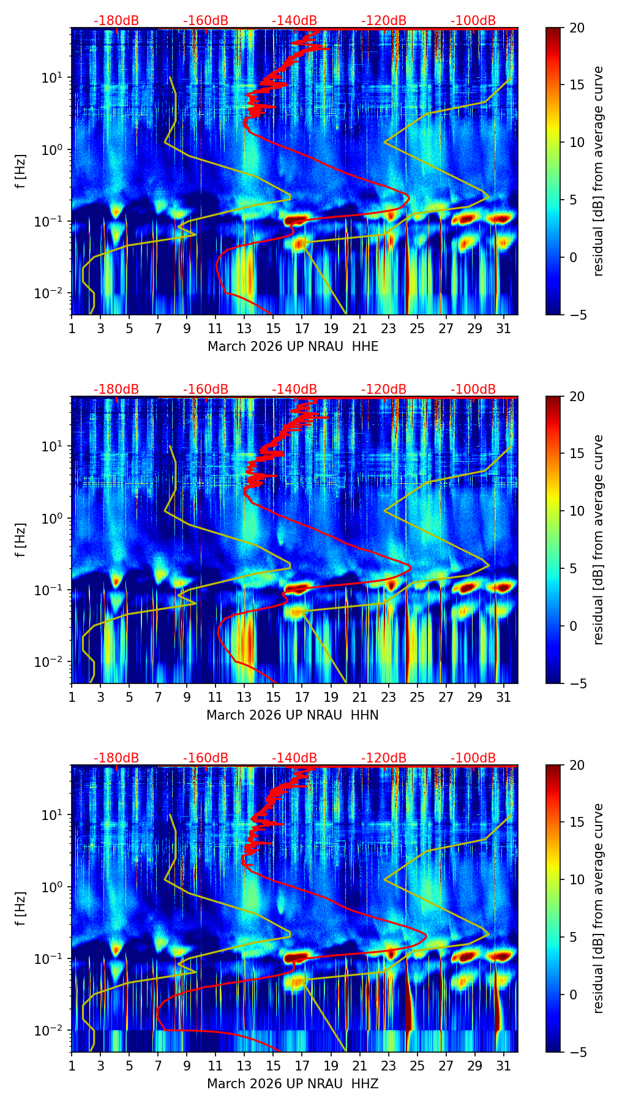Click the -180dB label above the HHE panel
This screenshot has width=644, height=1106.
pyautogui.click(x=116, y=21)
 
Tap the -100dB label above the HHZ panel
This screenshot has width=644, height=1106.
pyautogui.click(x=473, y=758)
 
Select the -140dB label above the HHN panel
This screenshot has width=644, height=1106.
pyautogui.click(x=294, y=389)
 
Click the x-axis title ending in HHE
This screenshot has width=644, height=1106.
pyautogui.click(x=293, y=347)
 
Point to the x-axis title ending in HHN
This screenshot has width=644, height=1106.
pyautogui.click(x=293, y=715)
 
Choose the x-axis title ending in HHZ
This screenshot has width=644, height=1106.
pyautogui.click(x=293, y=1084)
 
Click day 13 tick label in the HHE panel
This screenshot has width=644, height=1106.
pyautogui.click(x=244, y=329)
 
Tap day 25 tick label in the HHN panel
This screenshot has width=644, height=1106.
pyautogui.click(x=417, y=698)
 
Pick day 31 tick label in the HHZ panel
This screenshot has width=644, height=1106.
pyautogui.click(x=503, y=1066)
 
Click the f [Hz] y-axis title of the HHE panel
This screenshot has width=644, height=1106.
pyautogui.click(x=21, y=171)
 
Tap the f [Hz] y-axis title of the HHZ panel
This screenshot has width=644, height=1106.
pyautogui.click(x=21, y=909)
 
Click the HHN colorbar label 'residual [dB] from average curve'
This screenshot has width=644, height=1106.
pyautogui.click(x=599, y=540)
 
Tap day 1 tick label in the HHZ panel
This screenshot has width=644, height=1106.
pyautogui.click(x=72, y=1066)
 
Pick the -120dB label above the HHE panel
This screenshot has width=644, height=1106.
pyautogui.click(x=384, y=21)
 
